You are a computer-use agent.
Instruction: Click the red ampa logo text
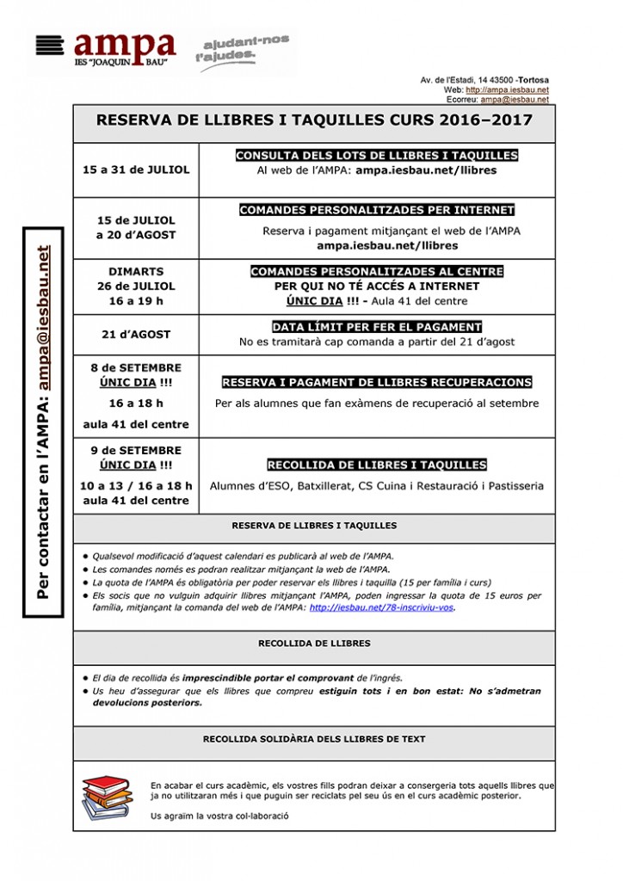click(124, 46)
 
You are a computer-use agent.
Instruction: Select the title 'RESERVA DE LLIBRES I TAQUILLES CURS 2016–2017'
click(314, 122)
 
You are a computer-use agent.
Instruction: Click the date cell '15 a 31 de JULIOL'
click(136, 169)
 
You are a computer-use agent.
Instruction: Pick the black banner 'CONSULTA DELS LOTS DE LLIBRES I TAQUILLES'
click(377, 156)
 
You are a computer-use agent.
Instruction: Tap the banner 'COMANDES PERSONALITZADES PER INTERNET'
click(377, 210)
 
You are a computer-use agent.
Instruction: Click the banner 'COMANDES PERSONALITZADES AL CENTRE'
click(377, 271)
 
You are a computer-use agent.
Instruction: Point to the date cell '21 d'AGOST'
click(136, 334)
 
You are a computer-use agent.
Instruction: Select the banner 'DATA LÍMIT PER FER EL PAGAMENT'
click(377, 327)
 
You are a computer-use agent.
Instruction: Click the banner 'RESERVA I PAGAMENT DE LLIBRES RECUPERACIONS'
click(377, 382)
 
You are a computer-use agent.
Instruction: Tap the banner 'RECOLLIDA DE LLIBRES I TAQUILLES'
click(377, 465)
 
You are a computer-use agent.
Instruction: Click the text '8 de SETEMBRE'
click(136, 368)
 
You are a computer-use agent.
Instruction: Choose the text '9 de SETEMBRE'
click(136, 451)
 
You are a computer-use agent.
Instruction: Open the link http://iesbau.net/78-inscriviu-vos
click(381, 607)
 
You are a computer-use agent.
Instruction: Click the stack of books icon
click(108, 798)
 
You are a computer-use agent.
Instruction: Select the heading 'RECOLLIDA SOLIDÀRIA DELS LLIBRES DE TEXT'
click(314, 739)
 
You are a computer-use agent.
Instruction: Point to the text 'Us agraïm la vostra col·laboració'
click(219, 816)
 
